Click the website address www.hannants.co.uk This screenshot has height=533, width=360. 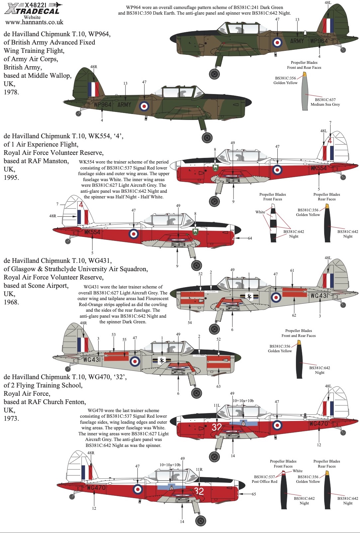tap(34, 22)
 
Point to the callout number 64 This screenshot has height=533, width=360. tap(250, 238)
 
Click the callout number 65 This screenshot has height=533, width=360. tap(254, 494)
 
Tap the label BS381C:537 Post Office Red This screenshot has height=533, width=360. tap(264, 479)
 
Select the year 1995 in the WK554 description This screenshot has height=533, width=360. tap(11, 177)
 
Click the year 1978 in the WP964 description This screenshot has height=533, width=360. tap(11, 92)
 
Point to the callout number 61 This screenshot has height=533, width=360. tap(292, 270)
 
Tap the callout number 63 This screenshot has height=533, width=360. tap(218, 386)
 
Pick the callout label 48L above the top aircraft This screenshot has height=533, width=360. tap(327, 3)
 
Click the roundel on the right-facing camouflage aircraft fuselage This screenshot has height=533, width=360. tap(277, 42)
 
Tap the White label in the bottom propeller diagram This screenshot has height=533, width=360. tap(297, 471)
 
